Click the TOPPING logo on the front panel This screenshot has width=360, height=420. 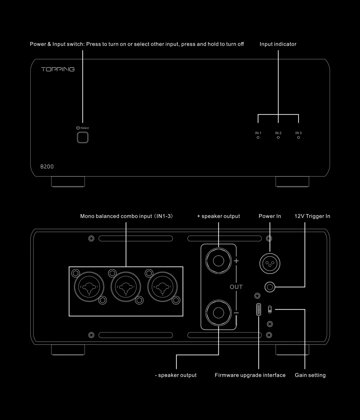[58, 69]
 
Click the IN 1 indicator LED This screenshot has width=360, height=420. [258, 137]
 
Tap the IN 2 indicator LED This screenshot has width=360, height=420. [278, 137]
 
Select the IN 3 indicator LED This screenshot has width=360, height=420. [298, 137]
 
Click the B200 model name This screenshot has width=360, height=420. [47, 166]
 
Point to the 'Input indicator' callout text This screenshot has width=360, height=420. [278, 44]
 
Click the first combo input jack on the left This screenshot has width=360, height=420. [89, 287]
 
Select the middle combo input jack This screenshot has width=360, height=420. [126, 287]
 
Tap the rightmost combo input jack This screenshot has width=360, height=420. [162, 287]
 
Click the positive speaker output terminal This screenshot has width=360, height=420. [218, 260]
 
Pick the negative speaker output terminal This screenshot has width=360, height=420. [218, 313]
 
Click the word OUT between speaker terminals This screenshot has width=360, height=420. [236, 287]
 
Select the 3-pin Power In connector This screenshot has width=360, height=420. [270, 264]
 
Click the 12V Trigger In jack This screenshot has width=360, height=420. [270, 287]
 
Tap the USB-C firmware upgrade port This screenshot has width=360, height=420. [259, 310]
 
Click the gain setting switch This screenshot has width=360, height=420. [270, 309]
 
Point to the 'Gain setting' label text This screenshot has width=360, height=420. [310, 375]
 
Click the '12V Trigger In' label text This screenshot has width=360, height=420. [312, 216]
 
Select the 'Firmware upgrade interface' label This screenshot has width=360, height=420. [250, 375]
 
